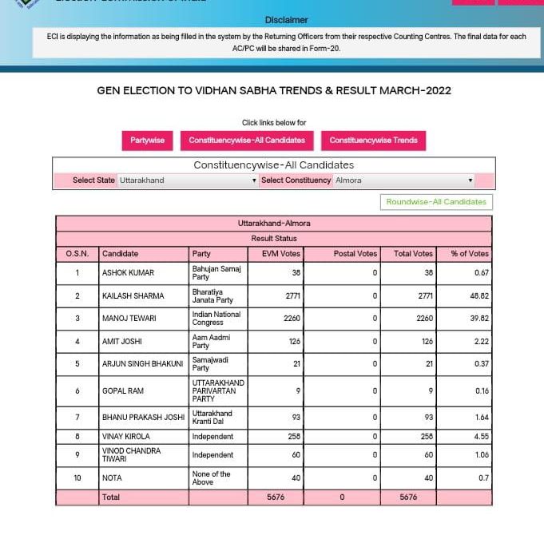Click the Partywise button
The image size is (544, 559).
coord(147,141)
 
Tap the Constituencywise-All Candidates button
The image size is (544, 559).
coord(247,141)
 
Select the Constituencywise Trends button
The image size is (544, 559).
coord(373,141)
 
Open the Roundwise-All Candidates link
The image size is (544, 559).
coord(436,202)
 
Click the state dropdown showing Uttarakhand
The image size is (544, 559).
coord(188,180)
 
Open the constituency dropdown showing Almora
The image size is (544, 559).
coord(404,180)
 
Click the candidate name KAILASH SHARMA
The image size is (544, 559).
coord(133,296)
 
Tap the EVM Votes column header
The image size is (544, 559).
coord(281,254)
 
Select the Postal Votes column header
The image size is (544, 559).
coord(355,254)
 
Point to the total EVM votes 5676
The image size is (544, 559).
coord(276,498)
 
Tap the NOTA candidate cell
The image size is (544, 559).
coord(111,478)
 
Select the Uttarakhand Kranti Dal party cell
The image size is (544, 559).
coord(212,417)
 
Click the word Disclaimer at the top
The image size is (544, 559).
coord(287,20)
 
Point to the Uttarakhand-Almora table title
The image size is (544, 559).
coord(274,224)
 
